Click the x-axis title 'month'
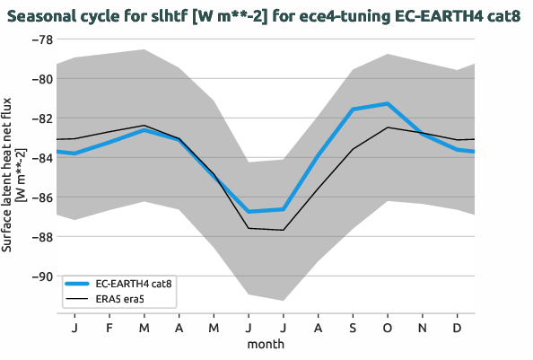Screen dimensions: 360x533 coord(266,344)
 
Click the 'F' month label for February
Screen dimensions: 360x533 coord(109,329)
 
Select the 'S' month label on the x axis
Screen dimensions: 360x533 coord(353,329)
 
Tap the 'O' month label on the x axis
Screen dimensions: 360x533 coord(388,329)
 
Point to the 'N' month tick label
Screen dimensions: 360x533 coord(423,329)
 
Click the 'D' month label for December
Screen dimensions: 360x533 coord(457,329)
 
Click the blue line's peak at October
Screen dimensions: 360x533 coord(388,103)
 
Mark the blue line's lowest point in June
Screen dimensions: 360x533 coord(249,212)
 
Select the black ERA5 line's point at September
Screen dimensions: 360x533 coord(353,148)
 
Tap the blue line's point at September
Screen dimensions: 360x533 coord(353,110)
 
